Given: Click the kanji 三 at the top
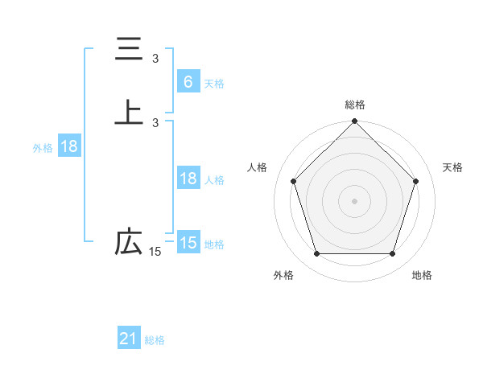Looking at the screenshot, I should (129, 49).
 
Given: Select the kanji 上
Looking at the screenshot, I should (129, 113).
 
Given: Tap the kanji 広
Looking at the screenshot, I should (129, 242).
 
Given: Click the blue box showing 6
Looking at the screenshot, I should (188, 81).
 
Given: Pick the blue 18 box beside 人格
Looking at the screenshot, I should (188, 179).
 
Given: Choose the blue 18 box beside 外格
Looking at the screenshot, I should (68, 146).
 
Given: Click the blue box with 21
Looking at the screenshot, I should (129, 339).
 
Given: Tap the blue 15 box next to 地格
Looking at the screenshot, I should (188, 243).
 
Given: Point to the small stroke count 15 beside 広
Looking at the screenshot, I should (155, 252).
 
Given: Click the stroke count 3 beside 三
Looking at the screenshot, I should (155, 59).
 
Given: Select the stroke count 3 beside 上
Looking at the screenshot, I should (155, 122).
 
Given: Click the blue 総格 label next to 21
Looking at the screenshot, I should (155, 340).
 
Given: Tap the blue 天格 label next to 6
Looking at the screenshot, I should (214, 83).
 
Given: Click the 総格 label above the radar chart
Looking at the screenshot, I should (355, 105).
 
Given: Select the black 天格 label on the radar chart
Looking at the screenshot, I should (452, 167).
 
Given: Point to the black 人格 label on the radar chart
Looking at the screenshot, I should (258, 167).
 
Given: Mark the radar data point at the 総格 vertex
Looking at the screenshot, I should (355, 122).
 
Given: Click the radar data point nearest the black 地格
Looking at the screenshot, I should (393, 254).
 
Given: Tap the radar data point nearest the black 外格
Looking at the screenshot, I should (316, 254).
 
